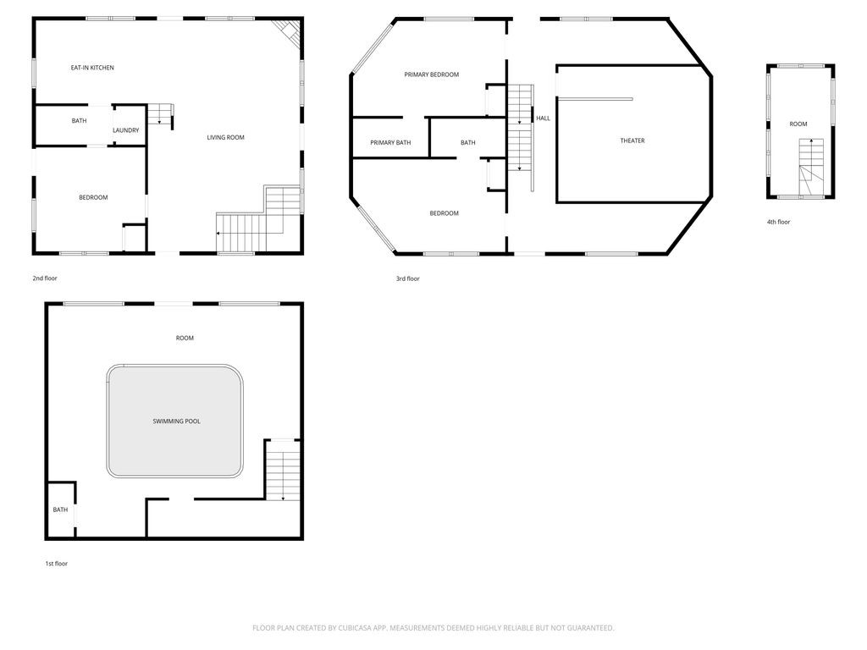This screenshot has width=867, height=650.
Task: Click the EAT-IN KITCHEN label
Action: tap(92, 68)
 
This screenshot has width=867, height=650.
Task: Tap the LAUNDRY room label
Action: tap(126, 130)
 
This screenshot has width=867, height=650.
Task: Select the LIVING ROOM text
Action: tap(225, 138)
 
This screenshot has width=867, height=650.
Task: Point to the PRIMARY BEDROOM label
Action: tap(431, 74)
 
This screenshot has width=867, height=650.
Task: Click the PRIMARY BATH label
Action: tap(390, 142)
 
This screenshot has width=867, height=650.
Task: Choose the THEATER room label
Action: tap(632, 141)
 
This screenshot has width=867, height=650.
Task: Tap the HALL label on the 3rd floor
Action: tap(543, 118)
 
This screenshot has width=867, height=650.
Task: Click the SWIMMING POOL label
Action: tap(176, 421)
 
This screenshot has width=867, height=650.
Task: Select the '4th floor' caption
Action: tap(778, 223)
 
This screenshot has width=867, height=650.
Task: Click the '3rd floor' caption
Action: tap(407, 278)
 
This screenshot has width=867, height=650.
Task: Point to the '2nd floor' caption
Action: tap(45, 278)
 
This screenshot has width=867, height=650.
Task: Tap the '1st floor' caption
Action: tap(57, 564)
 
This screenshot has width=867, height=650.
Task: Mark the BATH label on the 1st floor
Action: tap(60, 510)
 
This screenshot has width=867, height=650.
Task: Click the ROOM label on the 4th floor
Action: tap(798, 124)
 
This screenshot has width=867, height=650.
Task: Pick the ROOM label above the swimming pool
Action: tap(185, 339)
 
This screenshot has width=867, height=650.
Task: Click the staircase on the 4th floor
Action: tap(810, 168)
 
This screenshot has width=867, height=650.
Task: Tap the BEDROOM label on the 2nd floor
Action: tap(93, 197)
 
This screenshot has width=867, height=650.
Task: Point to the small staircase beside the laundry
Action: tap(160, 114)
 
